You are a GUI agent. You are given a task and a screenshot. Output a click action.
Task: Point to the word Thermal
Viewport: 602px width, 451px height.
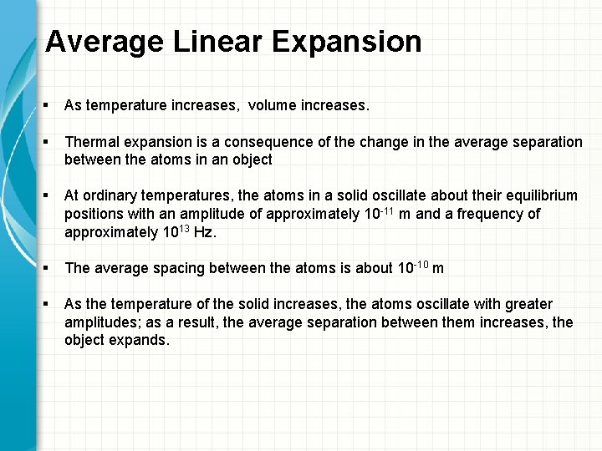pyautogui.click(x=91, y=143)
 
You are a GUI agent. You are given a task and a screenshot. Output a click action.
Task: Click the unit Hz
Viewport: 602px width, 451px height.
pyautogui.click(x=204, y=233)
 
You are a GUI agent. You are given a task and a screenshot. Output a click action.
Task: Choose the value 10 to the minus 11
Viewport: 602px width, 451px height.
pyautogui.click(x=371, y=214)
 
